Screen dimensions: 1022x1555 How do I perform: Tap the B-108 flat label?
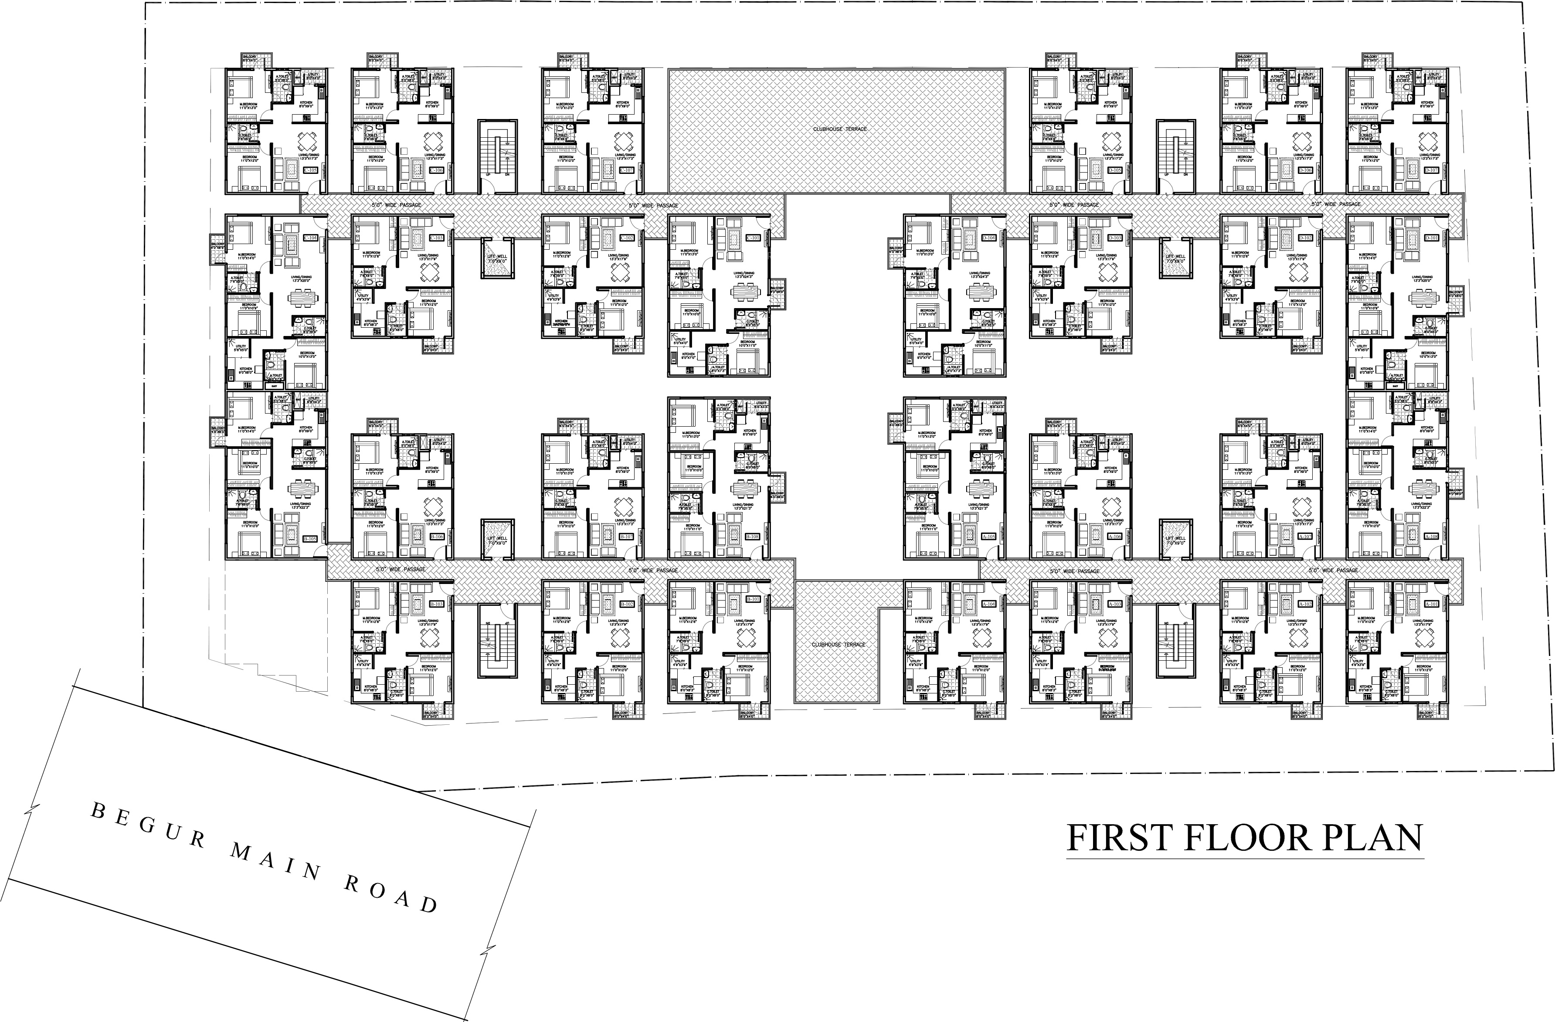click(x=753, y=536)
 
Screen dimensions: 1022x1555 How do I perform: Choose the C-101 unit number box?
click(x=753, y=237)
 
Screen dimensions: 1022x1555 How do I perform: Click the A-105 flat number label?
click(x=988, y=536)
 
